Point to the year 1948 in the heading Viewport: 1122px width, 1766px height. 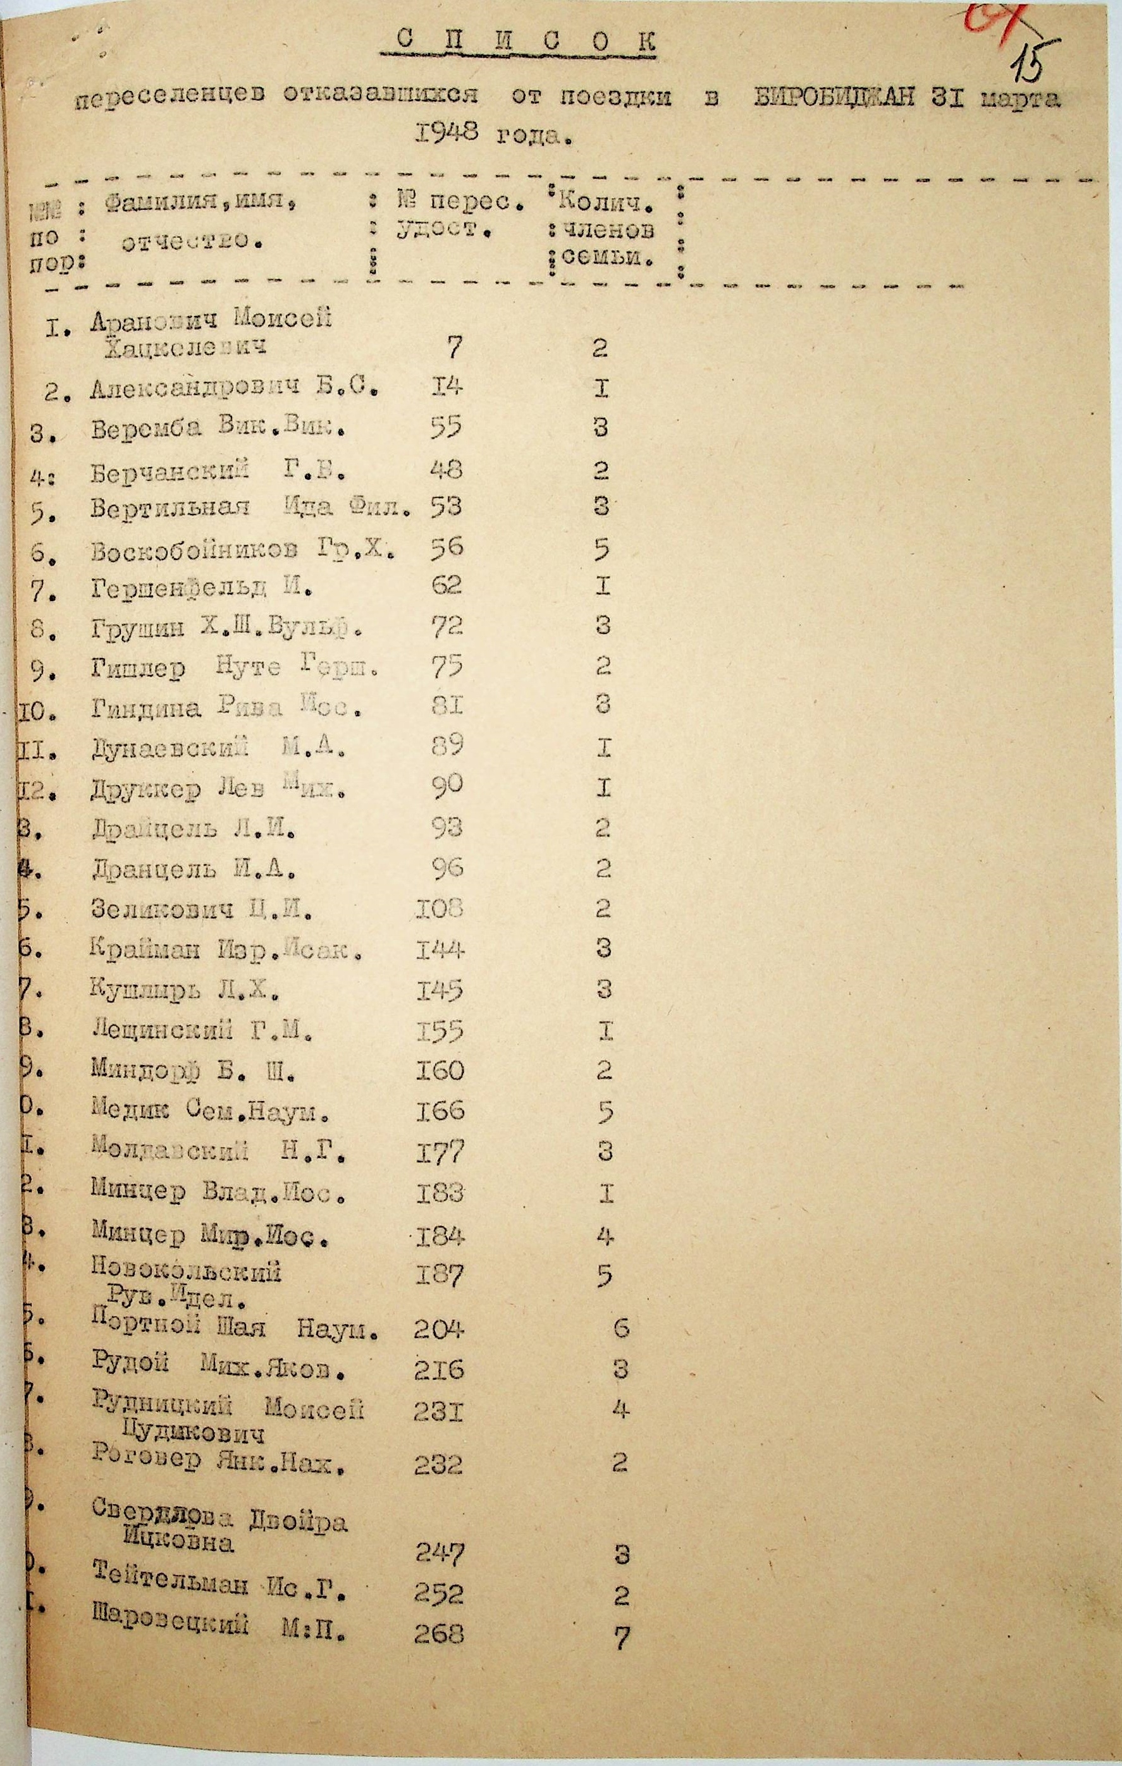[x=446, y=133]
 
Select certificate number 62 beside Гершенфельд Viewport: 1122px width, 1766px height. [x=445, y=585]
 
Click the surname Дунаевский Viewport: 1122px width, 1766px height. [x=170, y=749]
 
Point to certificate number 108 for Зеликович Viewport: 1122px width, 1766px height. [x=440, y=909]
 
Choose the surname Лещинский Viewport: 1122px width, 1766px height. [x=162, y=1030]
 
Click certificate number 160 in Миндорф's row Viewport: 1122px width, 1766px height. [x=440, y=1071]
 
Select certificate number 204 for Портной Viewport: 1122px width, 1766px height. [x=439, y=1328]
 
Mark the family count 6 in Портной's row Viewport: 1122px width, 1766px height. [x=622, y=1327]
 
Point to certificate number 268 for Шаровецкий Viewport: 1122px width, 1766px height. [x=439, y=1633]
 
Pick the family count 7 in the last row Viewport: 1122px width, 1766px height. [x=622, y=1637]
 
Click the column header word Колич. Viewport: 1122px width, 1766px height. [x=605, y=200]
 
